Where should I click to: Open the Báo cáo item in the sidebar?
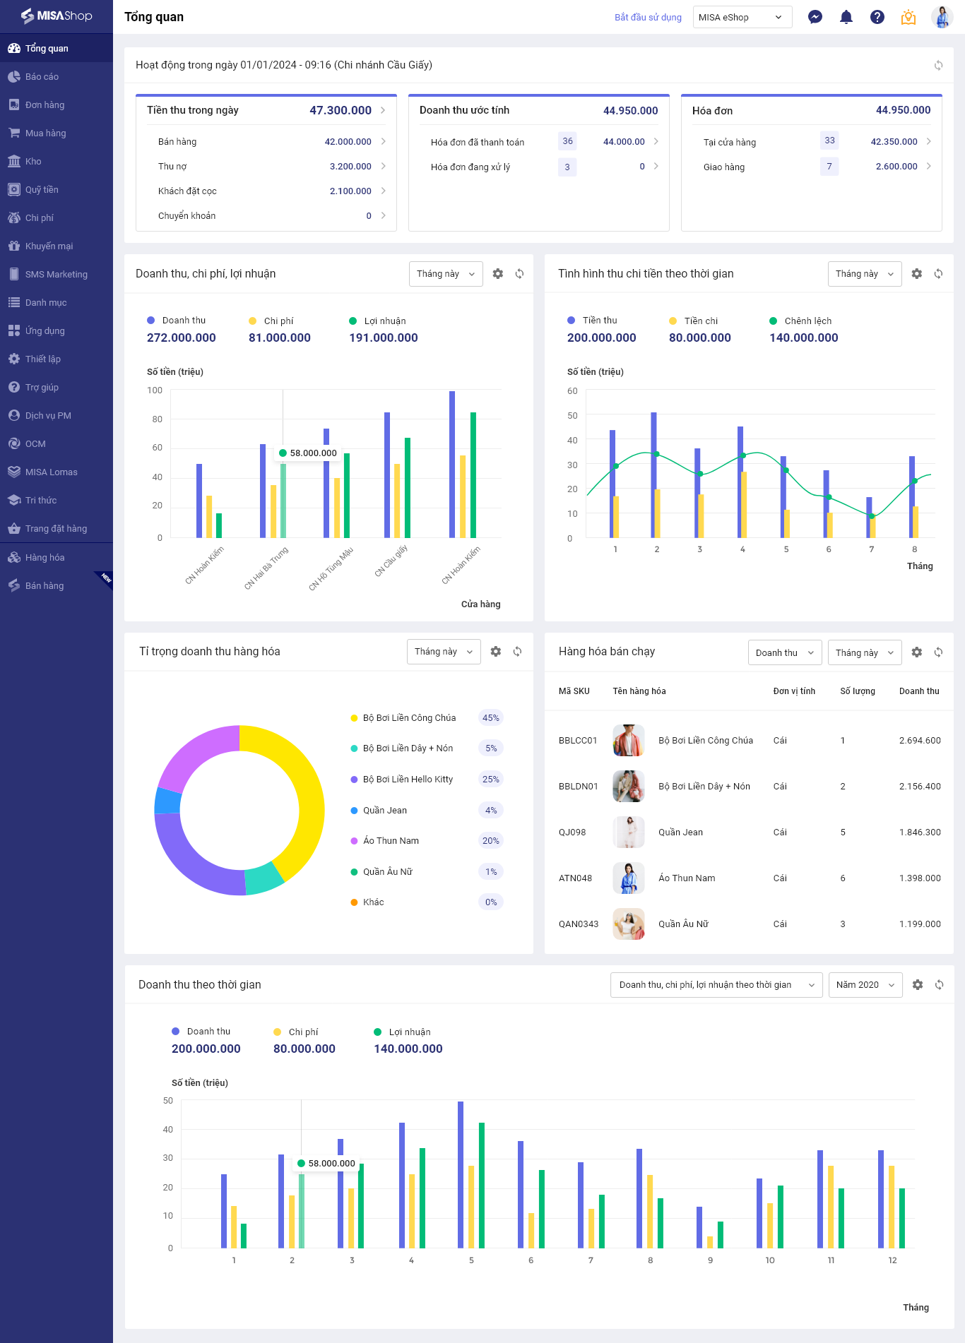click(x=42, y=76)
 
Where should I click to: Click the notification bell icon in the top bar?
click(x=846, y=17)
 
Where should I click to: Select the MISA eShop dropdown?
click(x=742, y=17)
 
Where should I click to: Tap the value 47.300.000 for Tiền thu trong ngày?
click(x=341, y=110)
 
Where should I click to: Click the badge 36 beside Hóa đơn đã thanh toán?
click(x=567, y=141)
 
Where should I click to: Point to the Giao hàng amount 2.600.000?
click(x=896, y=167)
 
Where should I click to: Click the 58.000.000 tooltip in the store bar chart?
click(x=308, y=453)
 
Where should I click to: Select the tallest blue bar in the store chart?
click(x=452, y=464)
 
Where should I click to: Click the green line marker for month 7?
click(x=872, y=516)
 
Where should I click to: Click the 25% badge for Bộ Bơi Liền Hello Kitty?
click(x=490, y=780)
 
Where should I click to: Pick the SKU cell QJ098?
click(x=572, y=832)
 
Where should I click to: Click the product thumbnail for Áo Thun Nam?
click(x=629, y=878)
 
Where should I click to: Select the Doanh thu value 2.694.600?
click(x=920, y=741)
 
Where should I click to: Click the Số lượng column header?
click(x=858, y=691)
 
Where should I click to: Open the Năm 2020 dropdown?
click(x=865, y=985)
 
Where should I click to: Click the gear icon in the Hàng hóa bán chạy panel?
click(x=917, y=652)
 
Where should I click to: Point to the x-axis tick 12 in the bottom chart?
click(x=892, y=1260)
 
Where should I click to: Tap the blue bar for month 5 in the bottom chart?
click(x=461, y=1175)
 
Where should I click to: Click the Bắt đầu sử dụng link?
click(x=648, y=18)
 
